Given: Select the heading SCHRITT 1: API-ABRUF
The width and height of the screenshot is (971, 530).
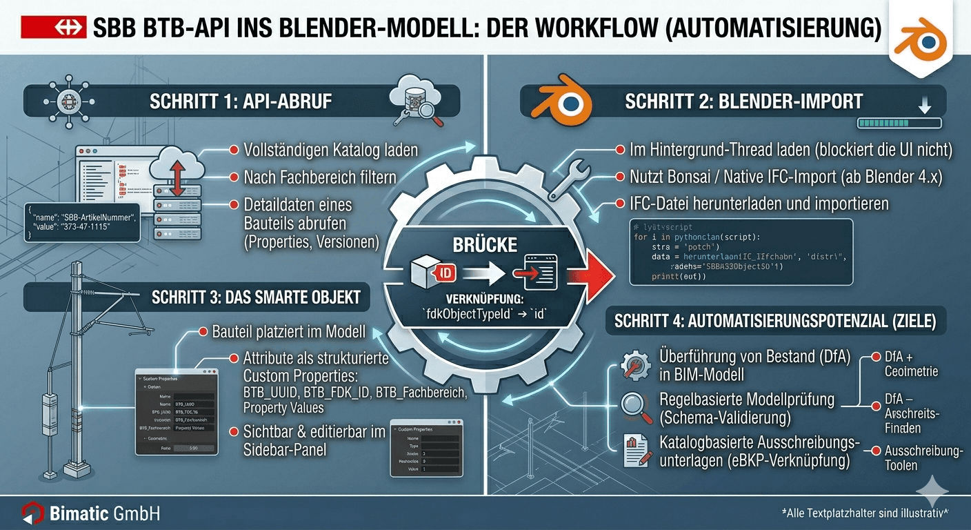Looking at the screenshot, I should [x=241, y=101].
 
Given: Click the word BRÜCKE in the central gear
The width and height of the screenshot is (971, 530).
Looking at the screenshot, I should [x=485, y=244].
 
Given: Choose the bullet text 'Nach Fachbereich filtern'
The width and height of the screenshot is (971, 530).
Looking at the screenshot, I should [x=320, y=177].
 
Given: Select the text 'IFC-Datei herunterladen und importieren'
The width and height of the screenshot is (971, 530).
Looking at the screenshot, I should [x=759, y=204].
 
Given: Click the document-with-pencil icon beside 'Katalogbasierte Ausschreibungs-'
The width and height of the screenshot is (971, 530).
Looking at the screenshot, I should [x=634, y=449].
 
